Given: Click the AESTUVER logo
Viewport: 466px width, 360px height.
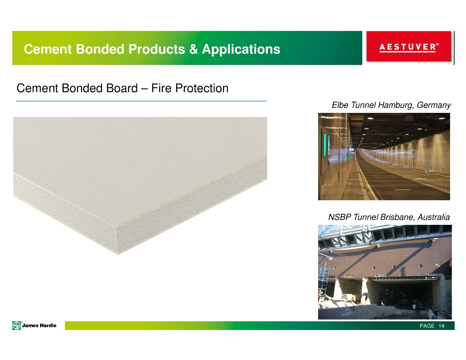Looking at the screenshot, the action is tap(409, 47).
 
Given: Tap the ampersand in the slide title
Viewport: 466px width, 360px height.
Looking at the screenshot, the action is tap(193, 49).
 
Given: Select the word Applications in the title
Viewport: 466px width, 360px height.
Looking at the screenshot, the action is tap(241, 49).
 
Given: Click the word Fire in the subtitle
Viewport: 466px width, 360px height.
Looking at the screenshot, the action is tap(162, 88).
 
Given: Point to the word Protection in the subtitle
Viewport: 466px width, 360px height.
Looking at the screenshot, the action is tap(202, 88).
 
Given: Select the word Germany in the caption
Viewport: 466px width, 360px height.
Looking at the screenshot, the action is tap(434, 105).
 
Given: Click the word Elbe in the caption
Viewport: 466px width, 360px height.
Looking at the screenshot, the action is tap(340, 105).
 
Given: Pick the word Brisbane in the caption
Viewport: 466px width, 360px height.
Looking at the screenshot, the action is tap(396, 217).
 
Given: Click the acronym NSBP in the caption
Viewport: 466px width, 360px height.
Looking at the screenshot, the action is tap(339, 217).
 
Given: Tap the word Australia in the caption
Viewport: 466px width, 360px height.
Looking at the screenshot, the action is tap(433, 217).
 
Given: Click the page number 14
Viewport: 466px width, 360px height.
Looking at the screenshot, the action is tap(441, 326).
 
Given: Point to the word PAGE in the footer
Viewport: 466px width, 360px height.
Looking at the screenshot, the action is tap(427, 326).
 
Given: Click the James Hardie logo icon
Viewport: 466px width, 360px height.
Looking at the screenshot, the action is tap(17, 325).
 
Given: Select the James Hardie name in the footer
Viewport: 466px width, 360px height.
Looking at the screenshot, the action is tap(39, 325).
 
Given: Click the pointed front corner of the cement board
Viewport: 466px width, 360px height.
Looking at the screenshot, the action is tap(118, 254).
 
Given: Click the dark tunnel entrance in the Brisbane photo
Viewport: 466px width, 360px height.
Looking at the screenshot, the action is tap(404, 294).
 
